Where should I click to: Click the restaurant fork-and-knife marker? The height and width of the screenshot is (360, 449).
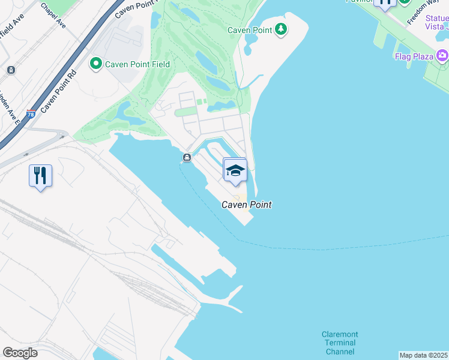pos(40,175)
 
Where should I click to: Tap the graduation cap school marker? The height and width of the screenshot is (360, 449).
pos(235,170)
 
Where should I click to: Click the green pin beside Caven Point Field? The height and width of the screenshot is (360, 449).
pos(95,64)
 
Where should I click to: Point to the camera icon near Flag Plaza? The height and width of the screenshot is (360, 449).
pos(442,56)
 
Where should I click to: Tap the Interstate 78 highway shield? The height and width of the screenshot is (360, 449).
pos(31,114)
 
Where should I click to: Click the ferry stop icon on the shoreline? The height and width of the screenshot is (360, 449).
pos(187,158)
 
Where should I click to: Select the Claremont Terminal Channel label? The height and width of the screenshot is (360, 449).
pos(340,343)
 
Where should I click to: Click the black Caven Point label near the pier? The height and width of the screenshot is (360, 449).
pos(247,205)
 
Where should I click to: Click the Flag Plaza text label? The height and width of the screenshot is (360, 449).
pos(414,57)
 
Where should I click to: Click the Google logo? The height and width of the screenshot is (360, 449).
pos(20,352)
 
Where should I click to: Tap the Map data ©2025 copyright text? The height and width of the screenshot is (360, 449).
pos(423,355)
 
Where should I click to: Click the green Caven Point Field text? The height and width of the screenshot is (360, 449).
pos(137,64)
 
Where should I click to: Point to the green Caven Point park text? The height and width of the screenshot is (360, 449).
pos(250,30)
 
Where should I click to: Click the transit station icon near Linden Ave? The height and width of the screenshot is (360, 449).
pos(11,70)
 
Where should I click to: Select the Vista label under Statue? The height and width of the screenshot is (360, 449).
pos(435,26)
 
